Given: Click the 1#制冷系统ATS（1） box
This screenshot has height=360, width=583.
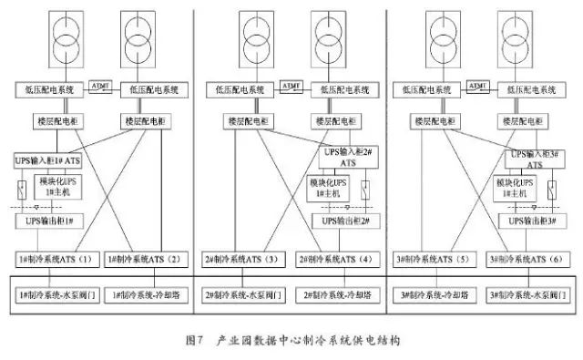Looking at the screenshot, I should [54, 260].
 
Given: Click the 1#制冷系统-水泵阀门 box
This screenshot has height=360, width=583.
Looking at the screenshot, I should [54, 296].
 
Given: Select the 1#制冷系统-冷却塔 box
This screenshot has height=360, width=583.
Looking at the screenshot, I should [146, 296].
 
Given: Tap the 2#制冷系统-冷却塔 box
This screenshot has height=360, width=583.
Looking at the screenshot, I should [339, 296].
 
